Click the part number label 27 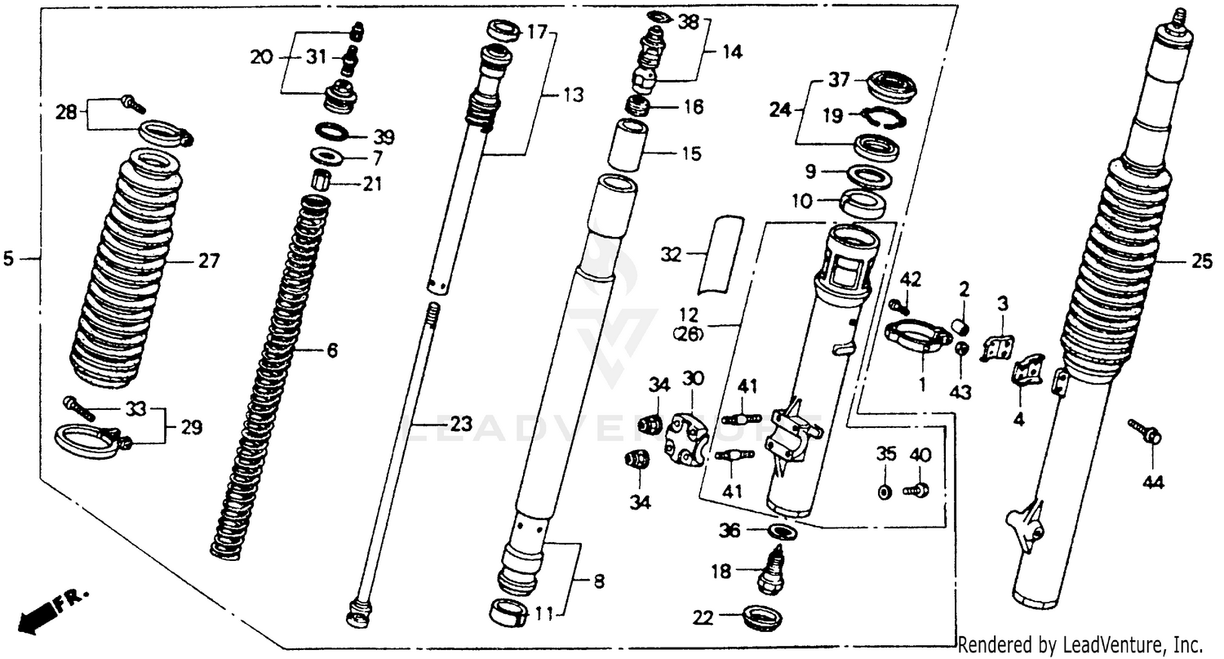coord(209,262)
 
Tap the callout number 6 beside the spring coord(332,351)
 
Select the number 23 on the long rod coord(461,425)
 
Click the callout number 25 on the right coord(1202,262)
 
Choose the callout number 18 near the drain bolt coord(721,572)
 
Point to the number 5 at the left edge coord(9,259)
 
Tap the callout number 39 coord(384,136)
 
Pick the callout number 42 coord(911,280)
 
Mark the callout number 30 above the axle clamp coord(693,379)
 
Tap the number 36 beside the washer coord(729,532)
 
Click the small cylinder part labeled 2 coord(961,327)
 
